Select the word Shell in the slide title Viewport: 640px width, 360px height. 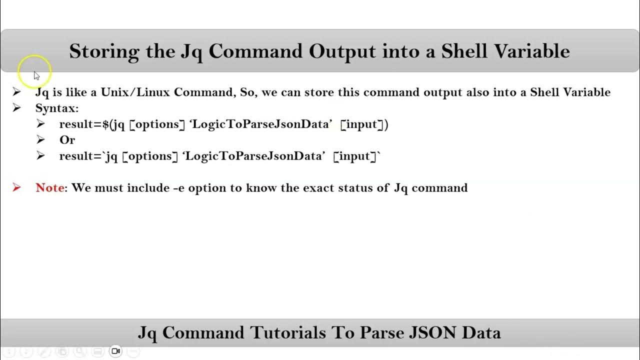click(x=469, y=51)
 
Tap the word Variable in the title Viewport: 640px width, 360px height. click(x=537, y=51)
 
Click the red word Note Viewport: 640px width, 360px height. click(x=49, y=188)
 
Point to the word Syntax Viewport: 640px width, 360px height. click(x=56, y=108)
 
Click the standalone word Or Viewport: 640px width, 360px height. click(x=67, y=140)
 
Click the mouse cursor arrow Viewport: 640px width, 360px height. click(x=36, y=75)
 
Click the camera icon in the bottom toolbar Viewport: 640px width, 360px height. click(x=115, y=351)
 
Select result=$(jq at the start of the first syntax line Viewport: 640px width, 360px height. click(x=92, y=124)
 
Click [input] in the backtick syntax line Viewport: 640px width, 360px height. click(x=354, y=156)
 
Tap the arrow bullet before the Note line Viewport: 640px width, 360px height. click(x=17, y=188)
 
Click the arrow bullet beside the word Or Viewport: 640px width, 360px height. click(x=41, y=140)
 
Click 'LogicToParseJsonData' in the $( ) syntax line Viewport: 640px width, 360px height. click(x=260, y=124)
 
